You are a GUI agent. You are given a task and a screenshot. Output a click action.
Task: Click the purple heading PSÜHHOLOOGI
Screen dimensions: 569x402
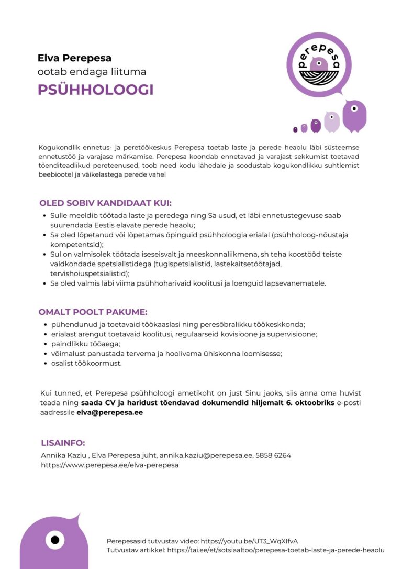(x=95, y=90)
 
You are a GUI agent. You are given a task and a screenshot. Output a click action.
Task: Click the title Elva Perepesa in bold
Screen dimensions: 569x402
(x=74, y=58)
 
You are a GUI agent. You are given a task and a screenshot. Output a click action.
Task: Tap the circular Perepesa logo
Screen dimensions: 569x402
(x=319, y=64)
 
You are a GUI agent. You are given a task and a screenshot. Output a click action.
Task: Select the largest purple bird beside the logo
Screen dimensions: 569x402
(x=354, y=116)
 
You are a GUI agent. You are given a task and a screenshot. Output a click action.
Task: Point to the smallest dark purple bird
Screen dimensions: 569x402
(x=295, y=129)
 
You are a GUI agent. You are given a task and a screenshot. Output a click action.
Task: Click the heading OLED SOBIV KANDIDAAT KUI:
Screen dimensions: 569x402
(x=105, y=203)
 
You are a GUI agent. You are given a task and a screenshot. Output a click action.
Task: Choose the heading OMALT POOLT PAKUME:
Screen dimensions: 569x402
(x=93, y=312)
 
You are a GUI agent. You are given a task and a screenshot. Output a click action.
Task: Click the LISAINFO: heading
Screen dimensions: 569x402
(x=63, y=443)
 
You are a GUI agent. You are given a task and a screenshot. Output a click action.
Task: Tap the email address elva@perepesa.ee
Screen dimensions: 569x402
(x=109, y=412)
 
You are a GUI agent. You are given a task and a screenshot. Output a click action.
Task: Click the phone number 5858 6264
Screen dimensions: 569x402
(x=273, y=455)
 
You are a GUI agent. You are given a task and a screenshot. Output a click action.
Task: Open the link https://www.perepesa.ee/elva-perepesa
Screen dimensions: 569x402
(x=110, y=465)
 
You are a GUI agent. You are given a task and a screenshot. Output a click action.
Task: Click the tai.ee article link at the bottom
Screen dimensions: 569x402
(x=275, y=550)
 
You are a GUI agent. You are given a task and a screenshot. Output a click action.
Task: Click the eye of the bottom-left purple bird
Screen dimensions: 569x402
(x=54, y=540)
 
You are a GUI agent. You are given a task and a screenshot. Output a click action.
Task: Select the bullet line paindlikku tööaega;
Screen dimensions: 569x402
(x=85, y=344)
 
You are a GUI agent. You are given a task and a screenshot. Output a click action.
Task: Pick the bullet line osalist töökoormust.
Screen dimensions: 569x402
(x=86, y=363)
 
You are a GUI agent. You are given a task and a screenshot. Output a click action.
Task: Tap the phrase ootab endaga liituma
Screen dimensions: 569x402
(x=92, y=72)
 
